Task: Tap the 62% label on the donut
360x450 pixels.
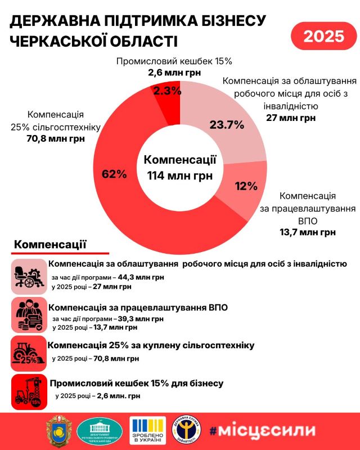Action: click(114, 174)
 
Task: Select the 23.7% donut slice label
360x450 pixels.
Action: click(227, 125)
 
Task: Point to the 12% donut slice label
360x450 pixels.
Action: click(246, 186)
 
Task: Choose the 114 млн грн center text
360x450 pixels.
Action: click(179, 175)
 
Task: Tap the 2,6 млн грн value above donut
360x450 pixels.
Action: click(174, 73)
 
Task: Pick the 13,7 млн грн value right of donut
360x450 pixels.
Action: click(308, 232)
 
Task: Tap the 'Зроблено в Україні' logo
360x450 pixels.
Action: click(148, 431)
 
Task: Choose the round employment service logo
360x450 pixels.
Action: click(189, 431)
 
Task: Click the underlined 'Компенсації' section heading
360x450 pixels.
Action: click(50, 245)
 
